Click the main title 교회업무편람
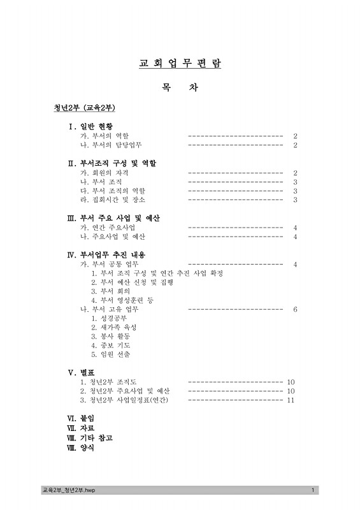click(180, 64)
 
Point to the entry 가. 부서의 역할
click(104, 136)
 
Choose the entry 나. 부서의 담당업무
click(110, 145)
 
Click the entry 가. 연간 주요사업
click(108, 228)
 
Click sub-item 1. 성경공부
click(110, 318)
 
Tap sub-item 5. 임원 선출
click(110, 354)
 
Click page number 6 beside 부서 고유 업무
click(295, 309)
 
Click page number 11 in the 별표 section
click(291, 400)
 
